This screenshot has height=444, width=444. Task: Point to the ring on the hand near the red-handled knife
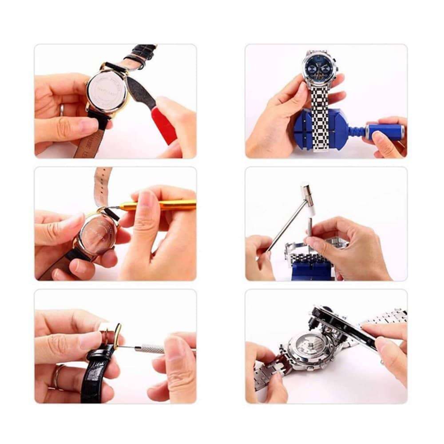pyautogui.click(x=62, y=109)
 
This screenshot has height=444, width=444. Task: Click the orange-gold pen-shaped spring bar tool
pyautogui.click(x=160, y=206)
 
